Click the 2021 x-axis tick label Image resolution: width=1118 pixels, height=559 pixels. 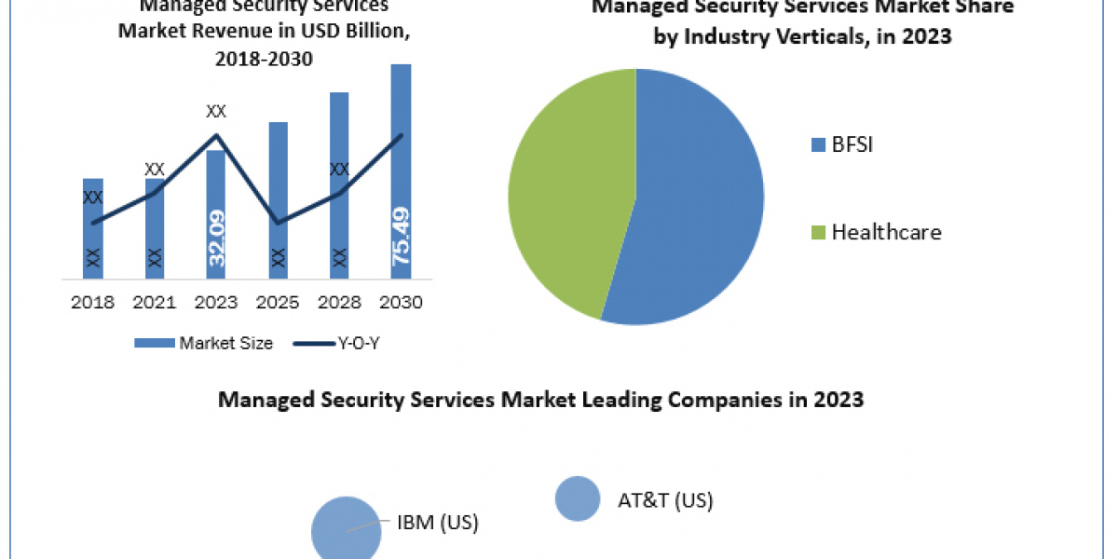point(154,303)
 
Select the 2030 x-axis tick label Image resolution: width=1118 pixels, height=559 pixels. point(402,303)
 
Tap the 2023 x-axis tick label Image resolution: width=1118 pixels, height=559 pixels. point(216,303)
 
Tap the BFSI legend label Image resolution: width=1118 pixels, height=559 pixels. point(852,144)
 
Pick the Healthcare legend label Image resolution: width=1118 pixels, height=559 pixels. point(886,232)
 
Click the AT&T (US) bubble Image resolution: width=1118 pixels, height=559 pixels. point(578,498)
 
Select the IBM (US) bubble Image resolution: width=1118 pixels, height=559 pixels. point(346,528)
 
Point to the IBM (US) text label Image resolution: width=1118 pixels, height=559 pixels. point(438,523)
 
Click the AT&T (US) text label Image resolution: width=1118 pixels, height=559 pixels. point(665,500)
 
